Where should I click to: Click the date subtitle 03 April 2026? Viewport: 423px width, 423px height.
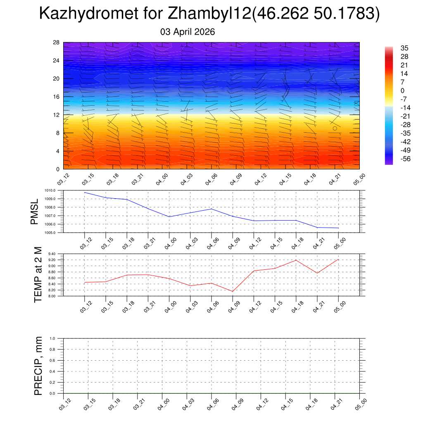(x=188, y=32)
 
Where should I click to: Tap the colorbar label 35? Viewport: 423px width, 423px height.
(x=404, y=48)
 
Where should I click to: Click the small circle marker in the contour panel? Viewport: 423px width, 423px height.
(x=335, y=128)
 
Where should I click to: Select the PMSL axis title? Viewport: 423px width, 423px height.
(x=35, y=211)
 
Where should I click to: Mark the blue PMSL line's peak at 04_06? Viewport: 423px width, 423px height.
(x=211, y=209)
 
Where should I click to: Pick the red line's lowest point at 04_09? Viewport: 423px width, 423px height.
(x=233, y=291)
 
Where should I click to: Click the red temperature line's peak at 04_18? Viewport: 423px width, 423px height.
(x=296, y=260)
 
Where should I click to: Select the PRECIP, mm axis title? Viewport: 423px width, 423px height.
(x=38, y=366)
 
